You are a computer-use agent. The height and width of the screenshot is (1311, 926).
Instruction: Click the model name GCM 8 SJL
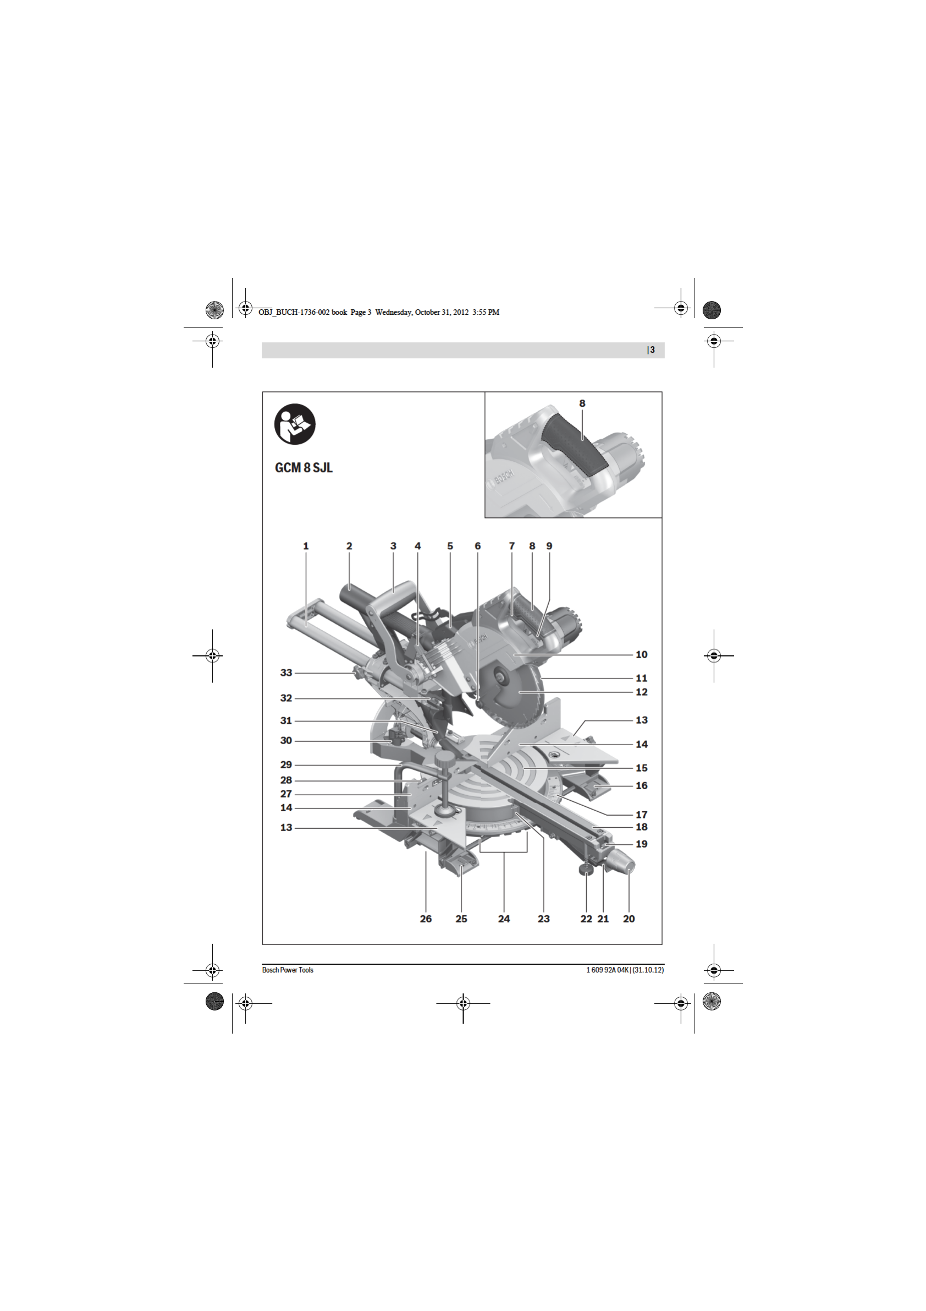(304, 468)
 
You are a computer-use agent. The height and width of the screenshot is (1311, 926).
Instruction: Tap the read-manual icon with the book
(295, 424)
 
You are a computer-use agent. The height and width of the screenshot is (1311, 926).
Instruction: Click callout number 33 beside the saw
(286, 673)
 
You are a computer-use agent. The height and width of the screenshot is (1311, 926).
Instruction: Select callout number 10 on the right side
(641, 654)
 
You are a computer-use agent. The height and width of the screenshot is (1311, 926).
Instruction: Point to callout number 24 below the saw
(504, 919)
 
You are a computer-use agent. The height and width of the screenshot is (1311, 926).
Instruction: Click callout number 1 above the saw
(306, 546)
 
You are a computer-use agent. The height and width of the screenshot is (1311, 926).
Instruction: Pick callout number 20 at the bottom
(629, 919)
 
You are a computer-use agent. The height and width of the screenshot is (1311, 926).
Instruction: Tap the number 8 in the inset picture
(582, 403)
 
